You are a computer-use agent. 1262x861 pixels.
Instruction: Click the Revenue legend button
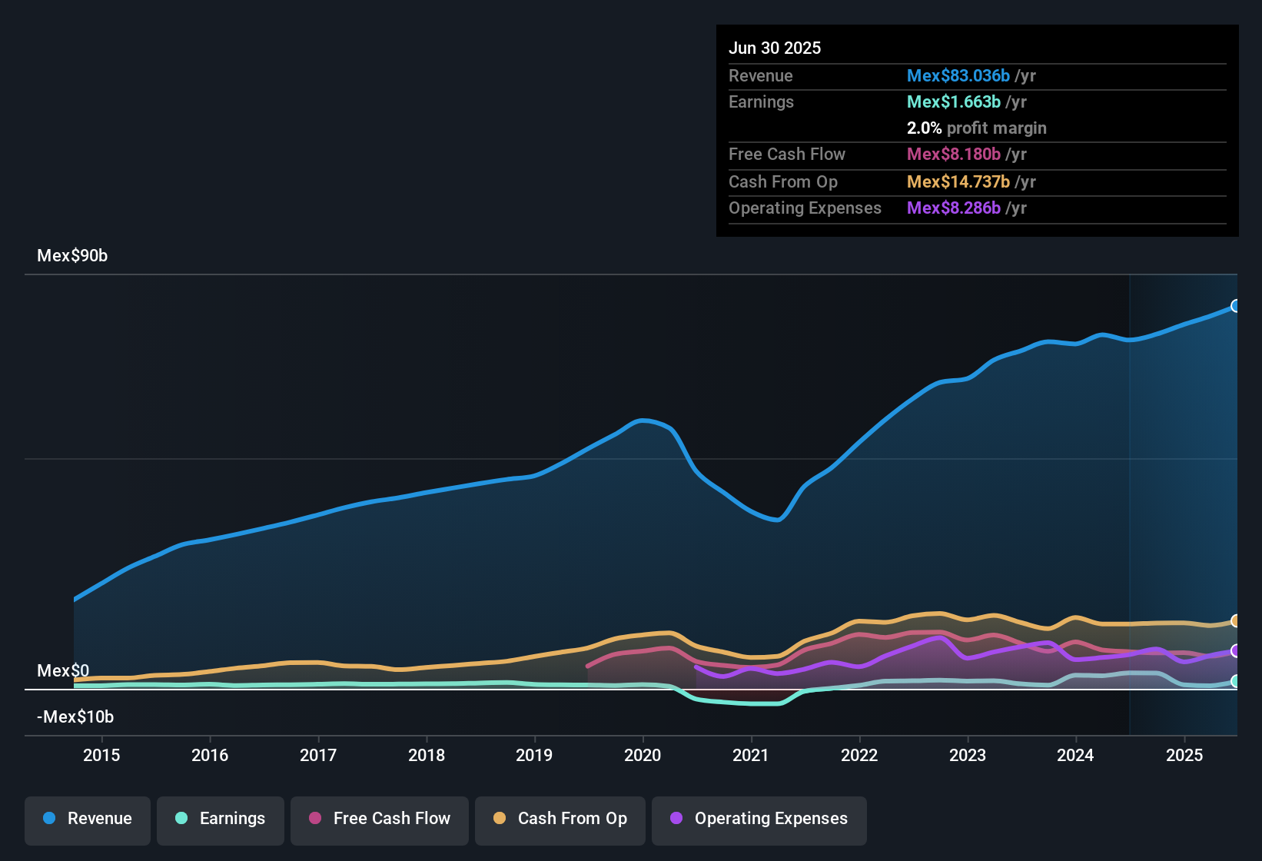(x=88, y=819)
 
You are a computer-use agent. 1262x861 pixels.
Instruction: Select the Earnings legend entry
(x=221, y=819)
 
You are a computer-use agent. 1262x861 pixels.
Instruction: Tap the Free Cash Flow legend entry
(x=380, y=819)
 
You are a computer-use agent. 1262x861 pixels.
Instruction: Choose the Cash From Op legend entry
(x=560, y=819)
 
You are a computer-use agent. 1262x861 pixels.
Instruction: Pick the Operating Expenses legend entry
(x=759, y=819)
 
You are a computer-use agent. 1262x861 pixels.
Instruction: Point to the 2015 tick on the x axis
(x=101, y=755)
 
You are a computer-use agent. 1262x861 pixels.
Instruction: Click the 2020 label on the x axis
(x=643, y=755)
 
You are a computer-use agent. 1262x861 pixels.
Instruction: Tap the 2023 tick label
(x=968, y=755)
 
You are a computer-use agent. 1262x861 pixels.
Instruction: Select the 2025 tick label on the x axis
(x=1184, y=755)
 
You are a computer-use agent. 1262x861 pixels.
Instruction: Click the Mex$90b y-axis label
(x=72, y=256)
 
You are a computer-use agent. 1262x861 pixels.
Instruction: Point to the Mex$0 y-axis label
(x=63, y=670)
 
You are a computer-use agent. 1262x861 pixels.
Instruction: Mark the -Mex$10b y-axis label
(x=75, y=717)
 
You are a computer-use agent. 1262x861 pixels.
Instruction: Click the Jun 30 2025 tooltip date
(x=775, y=48)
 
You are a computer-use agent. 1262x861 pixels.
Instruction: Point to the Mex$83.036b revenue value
(x=958, y=76)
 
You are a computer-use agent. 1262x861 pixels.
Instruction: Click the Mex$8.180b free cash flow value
(x=953, y=155)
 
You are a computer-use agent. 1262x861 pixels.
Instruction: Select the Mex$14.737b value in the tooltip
(x=958, y=182)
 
